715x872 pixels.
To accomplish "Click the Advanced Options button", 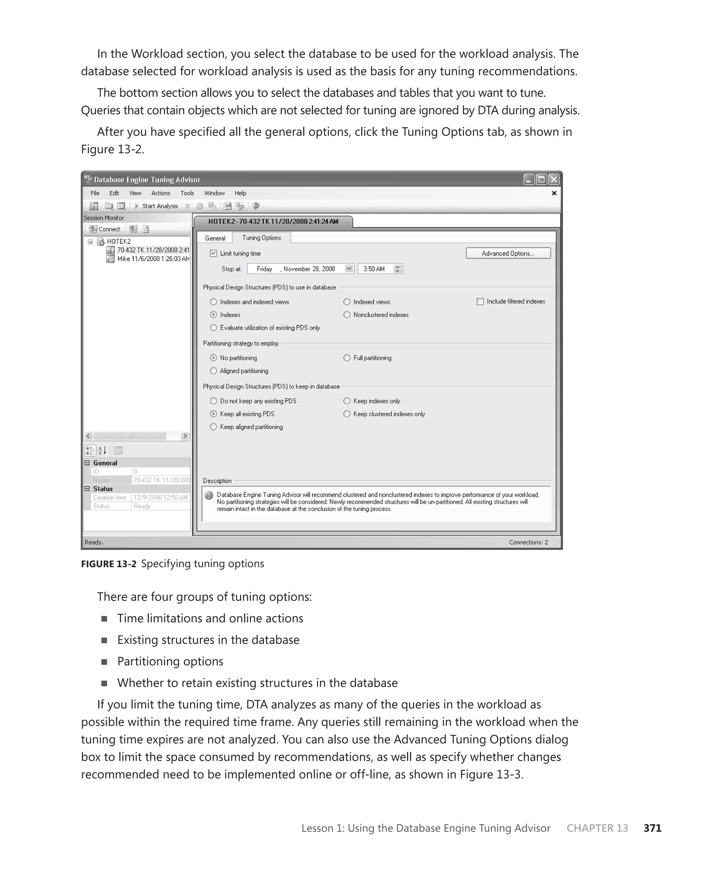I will click(x=508, y=253).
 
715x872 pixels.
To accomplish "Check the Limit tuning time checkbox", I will click(x=213, y=253).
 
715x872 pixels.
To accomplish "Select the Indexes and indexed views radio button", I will click(x=213, y=302).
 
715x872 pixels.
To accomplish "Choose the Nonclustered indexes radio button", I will click(x=347, y=315).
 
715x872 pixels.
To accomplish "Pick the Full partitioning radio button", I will click(x=347, y=358).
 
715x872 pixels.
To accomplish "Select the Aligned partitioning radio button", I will click(x=213, y=370).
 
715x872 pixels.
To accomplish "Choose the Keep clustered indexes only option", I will click(x=347, y=414).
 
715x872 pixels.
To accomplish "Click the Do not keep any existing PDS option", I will click(x=213, y=401).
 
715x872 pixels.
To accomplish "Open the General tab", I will click(x=215, y=238).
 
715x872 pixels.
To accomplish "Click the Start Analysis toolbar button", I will click(x=156, y=206).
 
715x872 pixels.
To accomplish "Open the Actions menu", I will click(x=161, y=193).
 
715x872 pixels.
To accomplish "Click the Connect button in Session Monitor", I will click(x=105, y=229).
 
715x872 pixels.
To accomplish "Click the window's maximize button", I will click(x=541, y=179).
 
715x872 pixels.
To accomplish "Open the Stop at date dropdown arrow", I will click(x=349, y=269).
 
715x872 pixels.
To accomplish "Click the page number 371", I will click(x=653, y=828).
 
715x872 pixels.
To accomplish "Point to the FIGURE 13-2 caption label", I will click(x=108, y=564).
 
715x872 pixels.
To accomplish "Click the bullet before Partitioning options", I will click(x=104, y=662).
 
